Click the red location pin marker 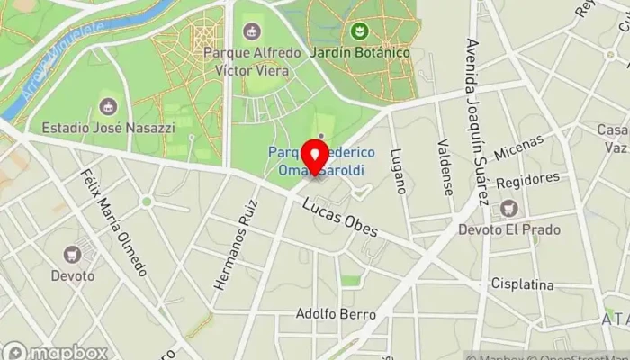tap(314, 156)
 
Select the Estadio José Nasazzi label tap(111, 128)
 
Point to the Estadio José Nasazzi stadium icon tap(111, 106)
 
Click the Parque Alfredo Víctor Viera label tap(247, 61)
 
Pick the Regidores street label tap(527, 180)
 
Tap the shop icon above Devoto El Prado tap(508, 210)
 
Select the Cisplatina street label tap(522, 284)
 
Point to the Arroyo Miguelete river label tap(58, 54)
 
